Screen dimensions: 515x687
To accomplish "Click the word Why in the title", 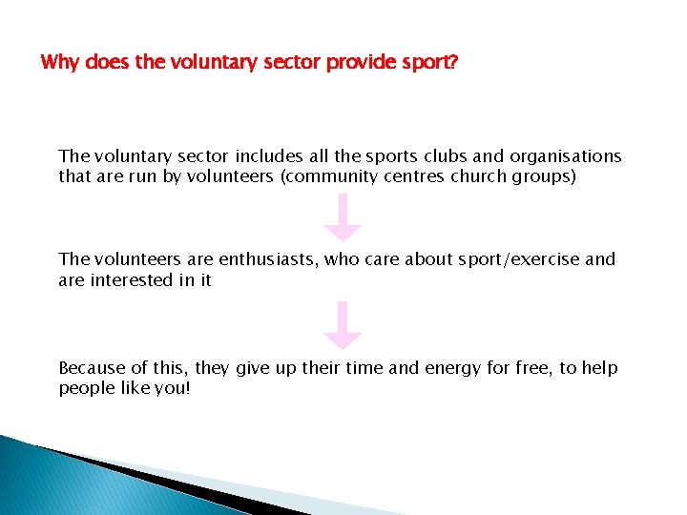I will coord(60,64).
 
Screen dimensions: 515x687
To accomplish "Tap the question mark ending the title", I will coord(453,64).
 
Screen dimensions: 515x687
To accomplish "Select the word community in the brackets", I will coord(360,176).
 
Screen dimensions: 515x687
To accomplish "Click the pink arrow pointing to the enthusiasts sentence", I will coord(343,217).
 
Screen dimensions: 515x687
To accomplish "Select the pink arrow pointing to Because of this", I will coord(343,325).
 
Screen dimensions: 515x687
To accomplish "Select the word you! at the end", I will coord(173,389).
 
